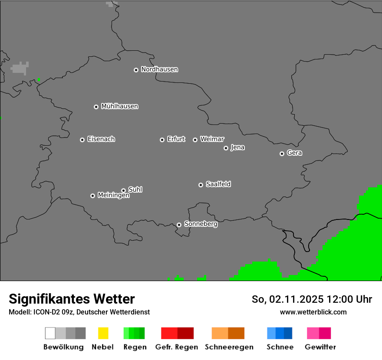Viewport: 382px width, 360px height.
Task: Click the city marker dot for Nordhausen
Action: point(136,70)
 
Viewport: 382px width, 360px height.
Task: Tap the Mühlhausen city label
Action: point(119,106)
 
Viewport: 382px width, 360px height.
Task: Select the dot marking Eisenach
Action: point(82,140)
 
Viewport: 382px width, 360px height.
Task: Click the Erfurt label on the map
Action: point(176,139)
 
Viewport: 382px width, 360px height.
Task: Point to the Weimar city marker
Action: point(195,140)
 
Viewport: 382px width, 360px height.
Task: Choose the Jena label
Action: point(237,147)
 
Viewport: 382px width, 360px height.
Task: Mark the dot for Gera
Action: point(282,154)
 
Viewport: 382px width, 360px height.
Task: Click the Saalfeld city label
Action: point(218,184)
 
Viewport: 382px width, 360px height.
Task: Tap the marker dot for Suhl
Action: point(123,190)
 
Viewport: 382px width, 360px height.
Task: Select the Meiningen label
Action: point(113,196)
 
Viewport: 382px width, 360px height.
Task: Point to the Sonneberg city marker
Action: point(179,225)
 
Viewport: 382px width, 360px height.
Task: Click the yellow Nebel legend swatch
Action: point(103,333)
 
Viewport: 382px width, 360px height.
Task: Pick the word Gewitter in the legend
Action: point(320,347)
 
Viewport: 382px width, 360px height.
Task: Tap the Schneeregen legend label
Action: point(229,347)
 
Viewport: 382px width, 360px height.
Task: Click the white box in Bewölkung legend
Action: point(50,333)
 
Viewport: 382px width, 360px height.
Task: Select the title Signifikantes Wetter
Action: point(72,299)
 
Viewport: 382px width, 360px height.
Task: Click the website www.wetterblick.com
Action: point(313,312)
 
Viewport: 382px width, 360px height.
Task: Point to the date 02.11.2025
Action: point(296,299)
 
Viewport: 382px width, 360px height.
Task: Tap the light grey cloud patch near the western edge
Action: point(20,68)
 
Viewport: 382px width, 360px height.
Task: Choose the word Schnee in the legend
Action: point(280,347)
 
